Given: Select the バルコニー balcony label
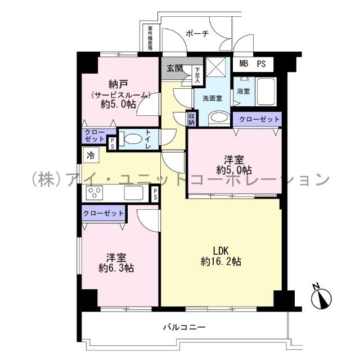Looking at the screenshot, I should (x=184, y=327).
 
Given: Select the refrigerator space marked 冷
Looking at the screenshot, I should (x=90, y=153).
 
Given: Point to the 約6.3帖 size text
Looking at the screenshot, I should (x=117, y=268).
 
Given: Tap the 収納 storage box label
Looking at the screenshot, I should (x=192, y=119).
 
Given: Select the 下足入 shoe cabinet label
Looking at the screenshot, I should (x=197, y=75).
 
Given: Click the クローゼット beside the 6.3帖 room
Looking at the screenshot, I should (x=103, y=214).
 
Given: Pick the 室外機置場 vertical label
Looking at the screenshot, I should (x=150, y=38).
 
